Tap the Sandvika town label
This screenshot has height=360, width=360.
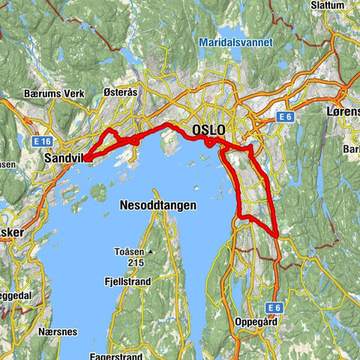64,159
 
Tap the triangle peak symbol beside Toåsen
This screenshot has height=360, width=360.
151,252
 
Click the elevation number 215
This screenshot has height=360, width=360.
135,263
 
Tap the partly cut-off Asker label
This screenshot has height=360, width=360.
12,232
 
